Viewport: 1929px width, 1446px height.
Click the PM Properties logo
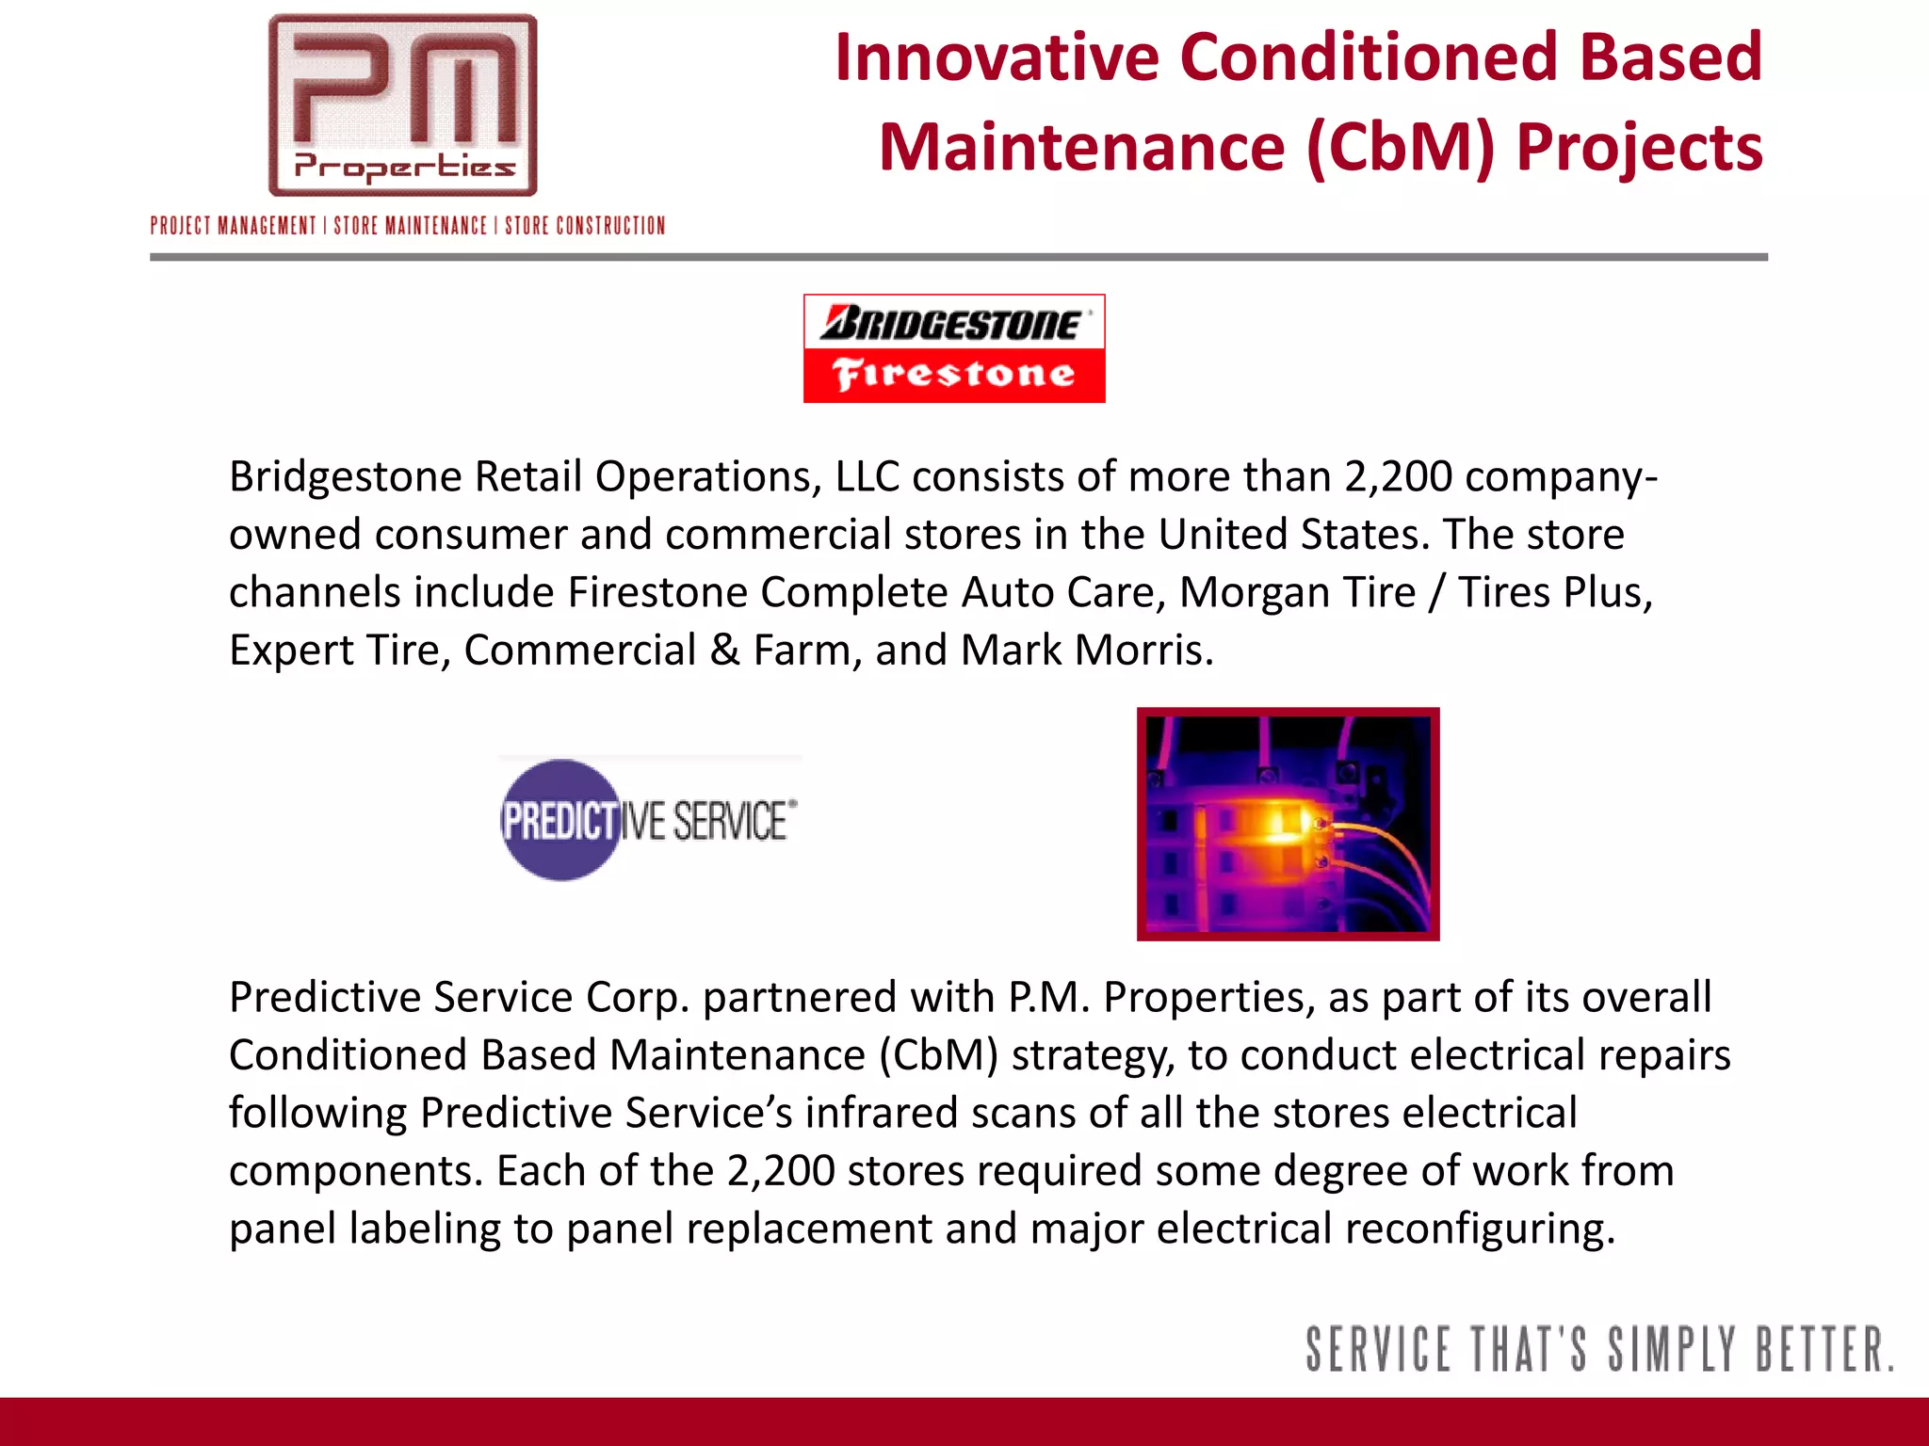coord(403,105)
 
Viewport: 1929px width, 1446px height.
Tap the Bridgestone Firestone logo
coord(953,347)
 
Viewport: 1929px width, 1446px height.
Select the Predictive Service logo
coord(649,820)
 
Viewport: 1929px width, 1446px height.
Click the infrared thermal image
coord(1288,824)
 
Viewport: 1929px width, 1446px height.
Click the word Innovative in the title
coord(997,57)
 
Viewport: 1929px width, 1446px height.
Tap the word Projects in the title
coord(1639,148)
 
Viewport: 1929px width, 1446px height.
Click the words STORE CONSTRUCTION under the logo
coord(585,226)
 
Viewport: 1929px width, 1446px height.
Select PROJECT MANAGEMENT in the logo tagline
coord(233,226)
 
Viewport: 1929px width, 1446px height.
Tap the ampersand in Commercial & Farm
coord(724,650)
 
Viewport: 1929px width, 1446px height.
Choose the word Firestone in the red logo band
coord(953,375)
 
